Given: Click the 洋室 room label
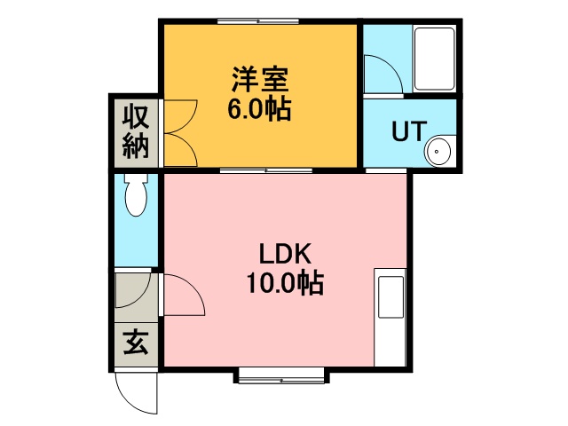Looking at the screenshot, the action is pos(260,80).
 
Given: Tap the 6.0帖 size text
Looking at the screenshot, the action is pos(259,108).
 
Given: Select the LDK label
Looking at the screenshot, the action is pos(285,254).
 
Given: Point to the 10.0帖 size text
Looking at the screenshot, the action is pos(285,283).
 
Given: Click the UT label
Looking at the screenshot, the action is pos(408,130).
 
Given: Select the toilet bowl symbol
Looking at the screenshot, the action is pos(136,195).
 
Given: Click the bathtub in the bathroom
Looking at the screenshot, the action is pos(434,59).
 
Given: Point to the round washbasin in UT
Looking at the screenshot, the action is pos(438,151).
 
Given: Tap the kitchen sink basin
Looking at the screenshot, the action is pos(390,297).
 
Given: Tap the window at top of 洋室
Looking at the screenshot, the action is pos(258,21).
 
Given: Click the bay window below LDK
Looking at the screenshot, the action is pos(281,378).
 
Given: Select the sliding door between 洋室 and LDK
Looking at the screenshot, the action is pos(266,170).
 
